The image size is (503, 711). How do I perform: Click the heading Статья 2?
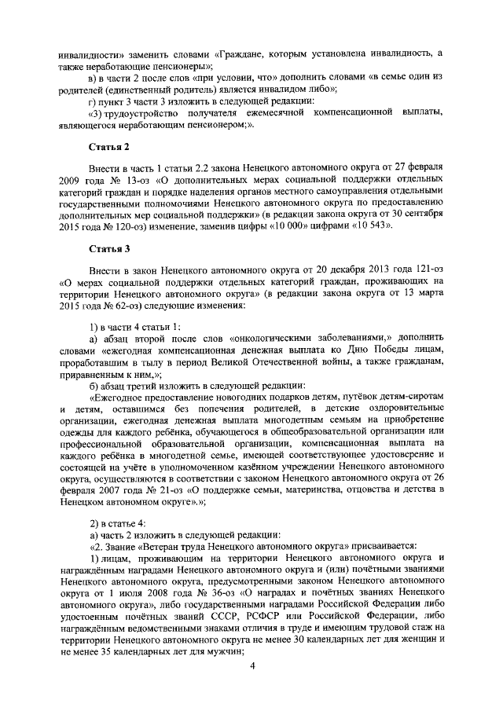[x=108, y=147]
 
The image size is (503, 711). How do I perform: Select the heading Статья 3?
[x=108, y=249]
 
